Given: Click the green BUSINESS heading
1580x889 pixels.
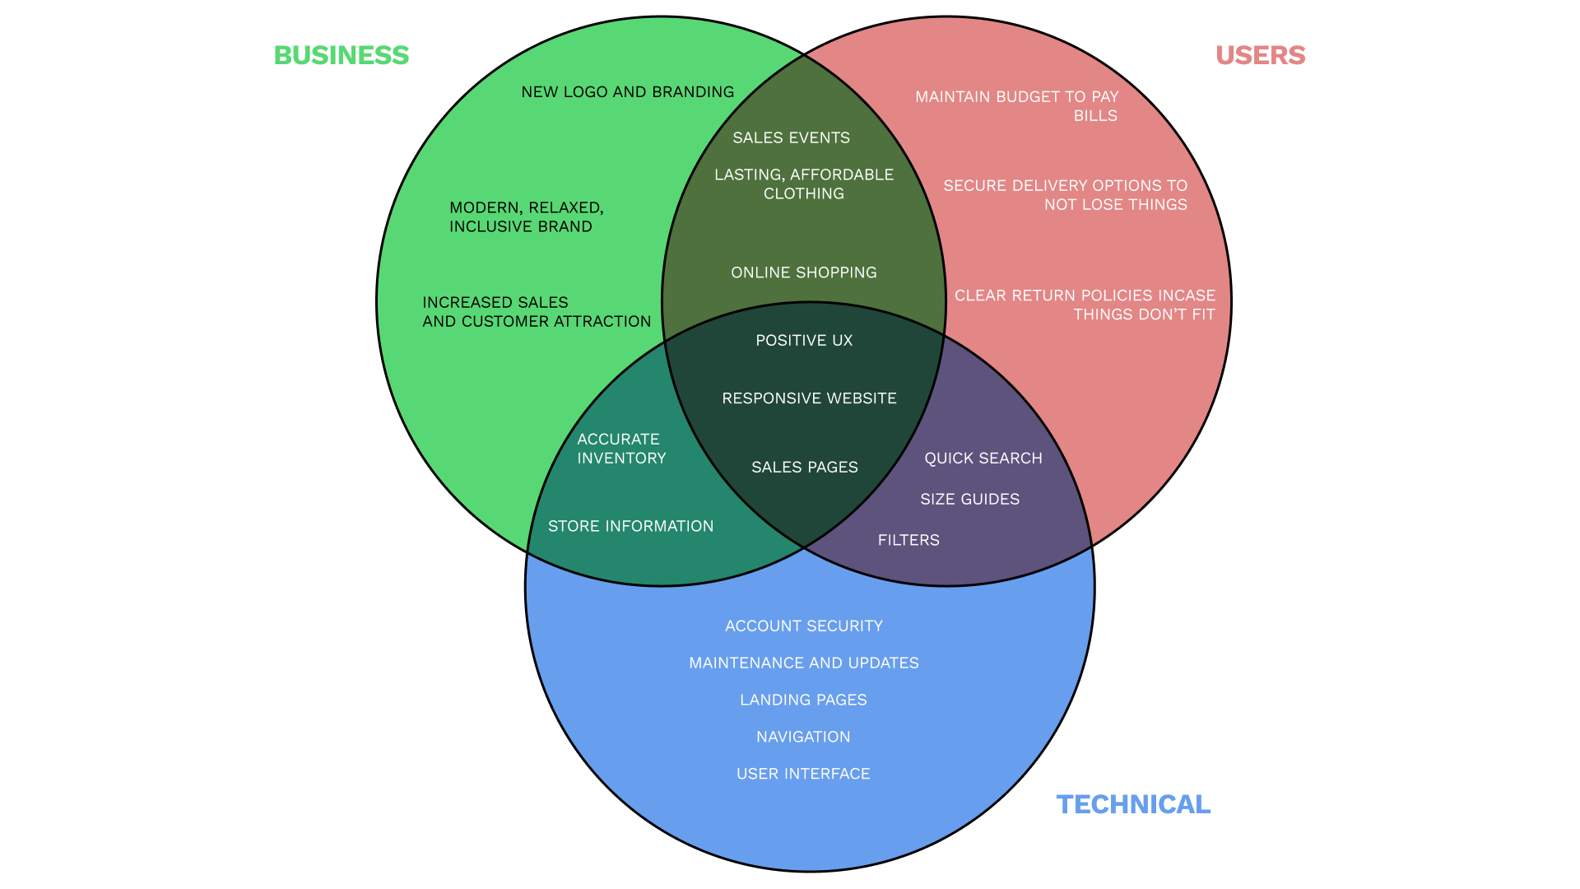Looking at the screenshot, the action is (342, 55).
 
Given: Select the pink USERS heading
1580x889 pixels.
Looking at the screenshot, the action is (1260, 55).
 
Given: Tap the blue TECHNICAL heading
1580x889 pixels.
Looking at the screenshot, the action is (1133, 804).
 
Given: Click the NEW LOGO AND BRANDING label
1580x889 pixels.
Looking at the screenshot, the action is (628, 92).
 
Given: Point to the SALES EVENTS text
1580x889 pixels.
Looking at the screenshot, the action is (792, 137).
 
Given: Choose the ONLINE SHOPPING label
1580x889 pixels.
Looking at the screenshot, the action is (804, 272).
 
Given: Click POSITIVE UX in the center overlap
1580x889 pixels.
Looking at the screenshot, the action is (804, 341).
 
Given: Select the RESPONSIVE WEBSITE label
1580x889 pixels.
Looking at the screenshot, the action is (809, 398).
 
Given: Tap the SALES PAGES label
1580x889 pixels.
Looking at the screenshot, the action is (805, 468).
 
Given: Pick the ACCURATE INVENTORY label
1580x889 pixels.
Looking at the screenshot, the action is (621, 449).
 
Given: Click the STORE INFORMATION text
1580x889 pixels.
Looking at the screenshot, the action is (631, 526).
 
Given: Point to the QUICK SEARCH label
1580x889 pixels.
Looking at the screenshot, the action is (983, 458).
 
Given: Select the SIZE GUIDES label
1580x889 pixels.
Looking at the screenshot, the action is (970, 500).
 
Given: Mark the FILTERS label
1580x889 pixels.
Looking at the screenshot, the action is (908, 540).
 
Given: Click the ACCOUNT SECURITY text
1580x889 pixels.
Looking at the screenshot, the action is (804, 626).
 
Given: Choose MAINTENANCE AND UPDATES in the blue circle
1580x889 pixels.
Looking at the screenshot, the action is (804, 663).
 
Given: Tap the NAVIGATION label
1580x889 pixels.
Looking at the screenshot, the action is (803, 737).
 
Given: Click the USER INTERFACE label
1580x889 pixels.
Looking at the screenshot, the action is (803, 774).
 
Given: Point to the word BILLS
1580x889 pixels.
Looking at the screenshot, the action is (1095, 116).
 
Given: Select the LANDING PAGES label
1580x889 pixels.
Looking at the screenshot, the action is (803, 700).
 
